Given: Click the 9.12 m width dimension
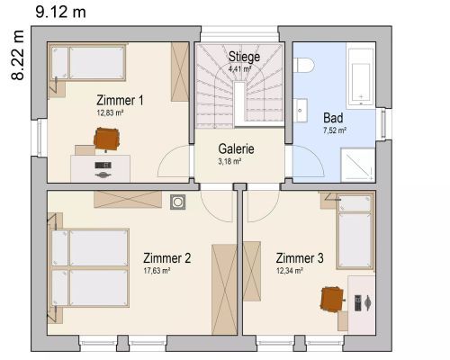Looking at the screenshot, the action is pos(61,13).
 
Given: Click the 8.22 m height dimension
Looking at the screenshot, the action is pos(17,55).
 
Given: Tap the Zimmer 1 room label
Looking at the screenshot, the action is pos(120,100).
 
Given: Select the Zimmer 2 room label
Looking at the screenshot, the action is pos(166,258).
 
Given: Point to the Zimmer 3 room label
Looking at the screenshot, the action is pos(300,258).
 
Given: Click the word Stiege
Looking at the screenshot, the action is pos(244,57).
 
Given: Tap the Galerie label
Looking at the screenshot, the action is pos(237,148).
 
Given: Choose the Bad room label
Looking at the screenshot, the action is pos(333,118).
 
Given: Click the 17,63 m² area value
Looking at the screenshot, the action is pos(157,271).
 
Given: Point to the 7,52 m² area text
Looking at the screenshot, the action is pos(335,130).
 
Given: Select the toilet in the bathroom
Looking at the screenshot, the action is pos(303,65).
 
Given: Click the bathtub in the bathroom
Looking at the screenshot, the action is pos(361,76).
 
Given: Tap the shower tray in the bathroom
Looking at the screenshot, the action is pos(358,165).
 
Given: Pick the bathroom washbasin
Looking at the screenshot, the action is pos(301,111).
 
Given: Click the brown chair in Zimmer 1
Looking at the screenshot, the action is pos(107,139).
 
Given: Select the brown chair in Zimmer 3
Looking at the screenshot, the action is pos(332,299).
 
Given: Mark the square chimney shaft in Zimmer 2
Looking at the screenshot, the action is pos(177,202).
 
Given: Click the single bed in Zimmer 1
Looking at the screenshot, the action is pos(88,62).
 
